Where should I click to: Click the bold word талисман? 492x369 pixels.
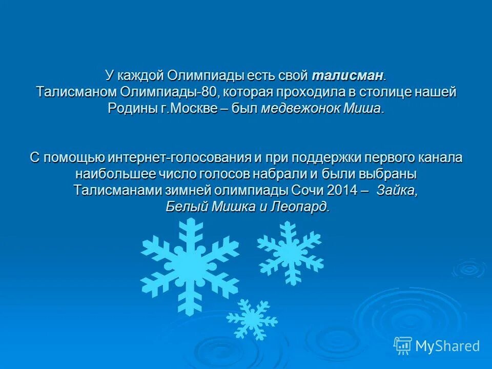coord(347,76)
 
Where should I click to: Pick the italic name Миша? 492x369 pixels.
coord(364,109)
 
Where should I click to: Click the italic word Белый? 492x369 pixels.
coord(181,207)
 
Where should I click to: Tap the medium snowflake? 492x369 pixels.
coord(290,252)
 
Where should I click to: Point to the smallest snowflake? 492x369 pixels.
coord(252,319)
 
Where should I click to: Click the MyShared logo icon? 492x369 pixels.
coord(403,345)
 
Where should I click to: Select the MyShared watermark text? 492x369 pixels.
coord(447,346)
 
